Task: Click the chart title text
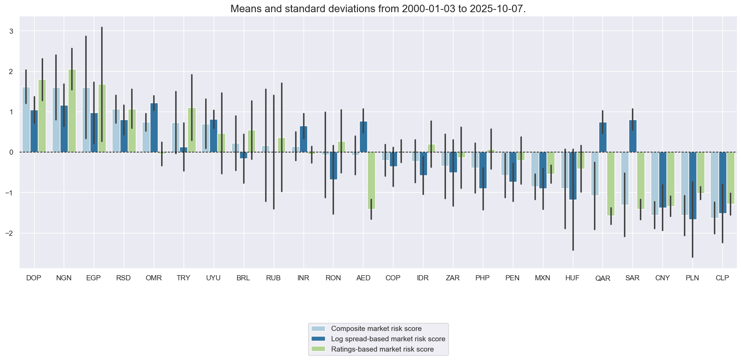click(x=371, y=9)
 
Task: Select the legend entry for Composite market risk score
click(x=376, y=329)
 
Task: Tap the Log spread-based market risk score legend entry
click(x=388, y=339)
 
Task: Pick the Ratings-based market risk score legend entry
click(x=382, y=349)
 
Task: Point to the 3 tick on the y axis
click(x=11, y=31)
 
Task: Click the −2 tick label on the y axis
click(x=10, y=233)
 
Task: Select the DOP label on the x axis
click(x=34, y=278)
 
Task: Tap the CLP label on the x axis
click(x=722, y=278)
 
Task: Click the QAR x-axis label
click(x=602, y=278)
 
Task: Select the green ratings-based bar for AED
click(x=371, y=180)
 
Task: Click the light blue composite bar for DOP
click(x=26, y=120)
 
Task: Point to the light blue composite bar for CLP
click(x=714, y=185)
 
